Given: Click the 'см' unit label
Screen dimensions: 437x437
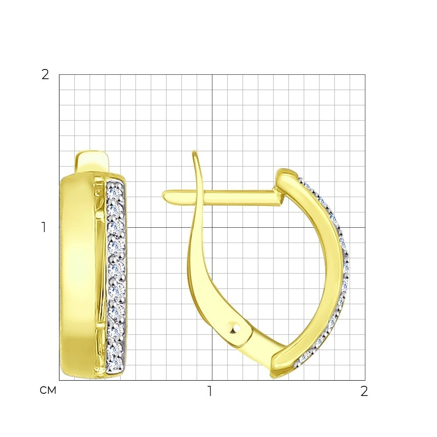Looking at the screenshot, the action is pyautogui.click(x=48, y=390).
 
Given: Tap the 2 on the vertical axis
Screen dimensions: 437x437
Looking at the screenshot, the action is pyautogui.click(x=45, y=74).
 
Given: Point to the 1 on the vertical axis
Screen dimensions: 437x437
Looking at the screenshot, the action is pyautogui.click(x=44, y=227).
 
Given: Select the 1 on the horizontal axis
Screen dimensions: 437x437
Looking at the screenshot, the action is pyautogui.click(x=210, y=391).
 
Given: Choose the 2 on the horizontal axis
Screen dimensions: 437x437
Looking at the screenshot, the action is pyautogui.click(x=364, y=391).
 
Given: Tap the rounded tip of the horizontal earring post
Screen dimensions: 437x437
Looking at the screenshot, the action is pyautogui.click(x=165, y=195).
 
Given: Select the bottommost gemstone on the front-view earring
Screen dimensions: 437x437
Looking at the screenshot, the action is pyautogui.click(x=115, y=362).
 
